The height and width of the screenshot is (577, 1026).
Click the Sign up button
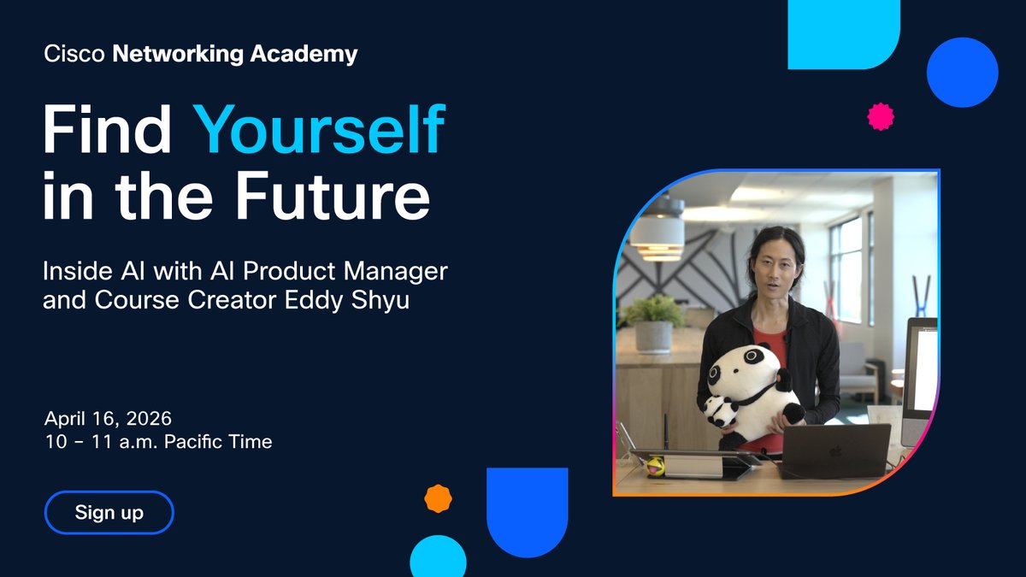(109, 513)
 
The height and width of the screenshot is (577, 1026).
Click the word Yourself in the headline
(318, 130)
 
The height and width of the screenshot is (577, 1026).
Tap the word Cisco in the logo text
(74, 55)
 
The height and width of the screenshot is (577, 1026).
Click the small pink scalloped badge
(880, 116)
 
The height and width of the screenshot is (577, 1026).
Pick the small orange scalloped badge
(438, 498)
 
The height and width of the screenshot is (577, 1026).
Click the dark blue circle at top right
(962, 72)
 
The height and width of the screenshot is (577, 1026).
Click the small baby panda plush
(720, 412)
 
